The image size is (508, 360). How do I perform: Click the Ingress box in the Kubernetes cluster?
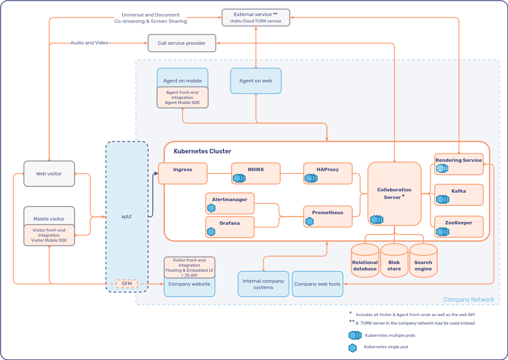point(183,173)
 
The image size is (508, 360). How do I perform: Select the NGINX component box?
point(256,173)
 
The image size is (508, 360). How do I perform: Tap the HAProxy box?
point(328,173)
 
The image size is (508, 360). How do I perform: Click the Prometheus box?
point(328,216)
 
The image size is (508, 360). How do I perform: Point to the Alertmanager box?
point(229,203)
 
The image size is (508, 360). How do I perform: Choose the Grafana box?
point(229,227)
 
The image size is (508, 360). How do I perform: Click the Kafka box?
point(459,195)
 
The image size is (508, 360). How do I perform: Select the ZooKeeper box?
point(459,226)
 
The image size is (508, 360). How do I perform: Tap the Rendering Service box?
point(459,164)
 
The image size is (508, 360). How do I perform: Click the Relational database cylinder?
point(365,262)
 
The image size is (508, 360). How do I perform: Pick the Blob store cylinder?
point(394,262)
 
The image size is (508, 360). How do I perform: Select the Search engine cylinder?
point(423,262)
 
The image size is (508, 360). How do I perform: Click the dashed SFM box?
point(127,284)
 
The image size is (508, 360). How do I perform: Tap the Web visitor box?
point(49,174)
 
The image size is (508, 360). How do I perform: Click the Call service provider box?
point(182,43)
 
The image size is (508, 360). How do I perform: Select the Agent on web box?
point(256,81)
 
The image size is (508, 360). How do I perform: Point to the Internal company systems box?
point(263,284)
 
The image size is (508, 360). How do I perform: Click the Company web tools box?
point(317,284)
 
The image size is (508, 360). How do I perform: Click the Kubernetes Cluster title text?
point(202,151)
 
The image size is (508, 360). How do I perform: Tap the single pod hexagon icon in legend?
point(352,348)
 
